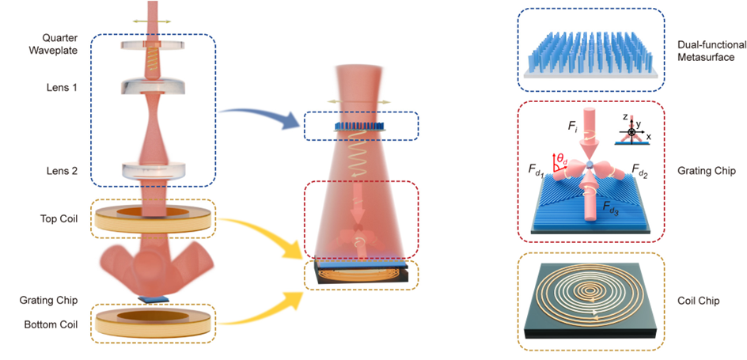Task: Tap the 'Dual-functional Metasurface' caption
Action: pos(711,51)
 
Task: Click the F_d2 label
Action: pos(640,169)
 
